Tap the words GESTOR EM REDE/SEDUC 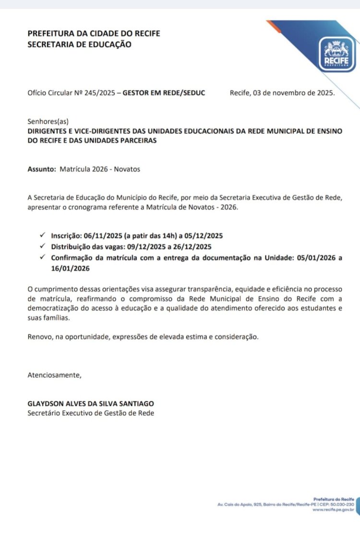[x=164, y=93]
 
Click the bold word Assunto [x=41, y=169]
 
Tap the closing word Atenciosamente [x=55, y=375]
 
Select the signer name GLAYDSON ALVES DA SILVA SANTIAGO [x=91, y=404]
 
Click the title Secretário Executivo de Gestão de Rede [x=91, y=413]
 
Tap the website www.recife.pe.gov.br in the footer [x=333, y=510]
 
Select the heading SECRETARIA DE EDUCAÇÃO [x=79, y=44]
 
